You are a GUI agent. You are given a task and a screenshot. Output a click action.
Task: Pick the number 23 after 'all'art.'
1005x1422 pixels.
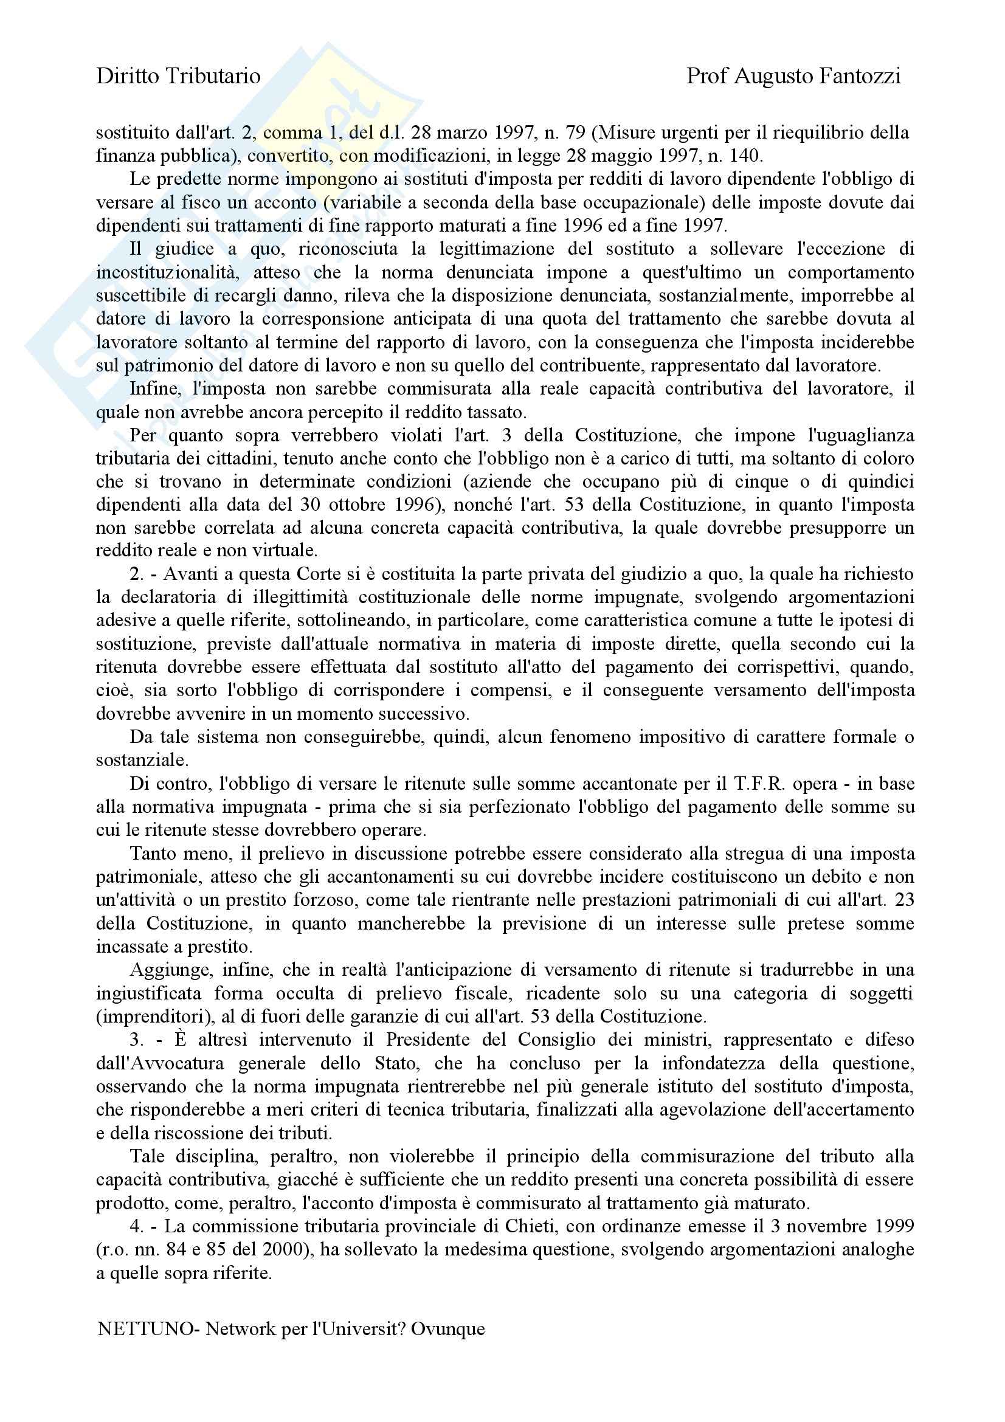click(905, 900)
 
